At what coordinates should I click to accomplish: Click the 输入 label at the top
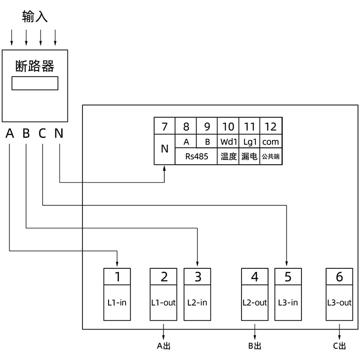34,17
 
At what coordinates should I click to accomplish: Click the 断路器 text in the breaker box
34,66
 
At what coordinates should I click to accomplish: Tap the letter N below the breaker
59,134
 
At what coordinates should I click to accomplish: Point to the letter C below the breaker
42,134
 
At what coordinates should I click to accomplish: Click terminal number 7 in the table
164,127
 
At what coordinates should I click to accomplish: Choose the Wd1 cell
228,142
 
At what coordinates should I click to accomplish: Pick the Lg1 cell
249,142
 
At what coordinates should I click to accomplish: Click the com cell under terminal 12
270,142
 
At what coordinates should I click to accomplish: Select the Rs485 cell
196,156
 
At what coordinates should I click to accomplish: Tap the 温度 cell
228,156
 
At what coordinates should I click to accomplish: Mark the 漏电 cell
249,156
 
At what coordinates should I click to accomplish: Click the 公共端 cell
270,156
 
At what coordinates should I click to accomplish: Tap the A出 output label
164,346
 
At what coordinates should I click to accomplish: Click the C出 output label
339,346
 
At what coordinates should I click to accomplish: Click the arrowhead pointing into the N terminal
164,170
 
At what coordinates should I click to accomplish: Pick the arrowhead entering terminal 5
287,264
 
